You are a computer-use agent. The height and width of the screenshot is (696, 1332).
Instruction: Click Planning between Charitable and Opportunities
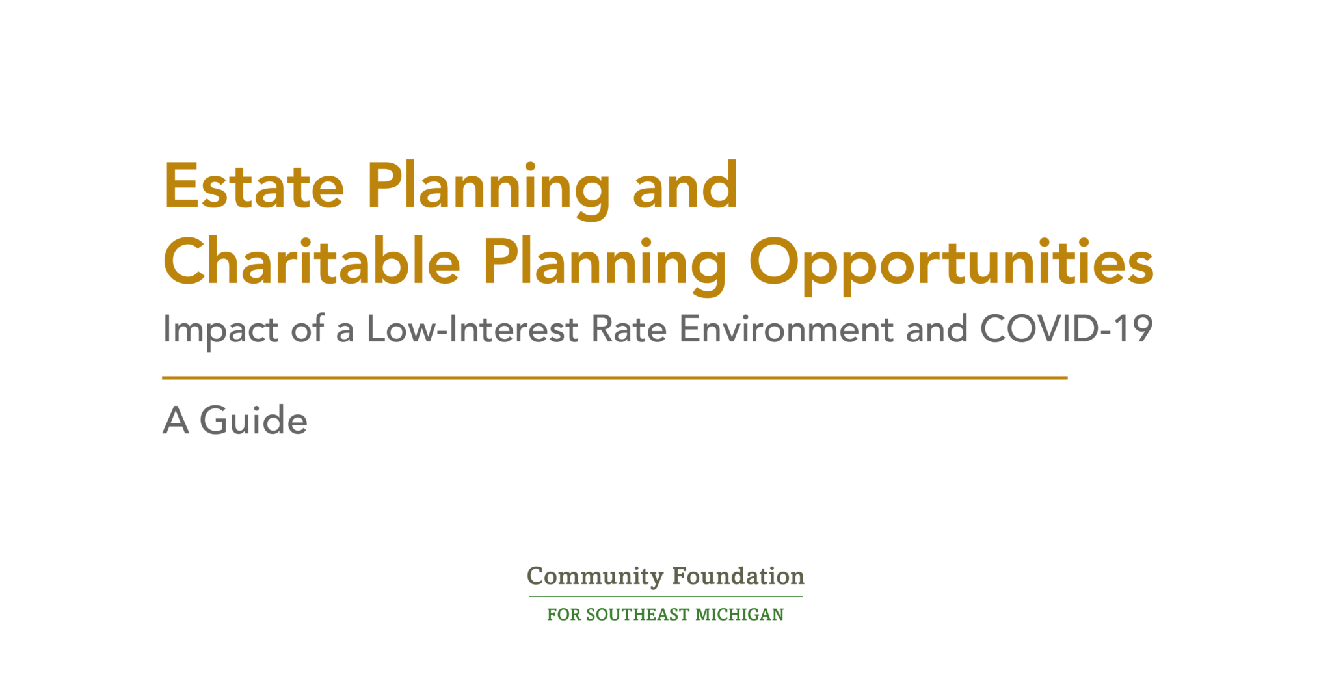604,265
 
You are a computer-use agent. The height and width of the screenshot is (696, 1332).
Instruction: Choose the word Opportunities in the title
952,265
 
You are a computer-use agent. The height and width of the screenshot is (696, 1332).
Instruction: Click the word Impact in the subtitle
221,330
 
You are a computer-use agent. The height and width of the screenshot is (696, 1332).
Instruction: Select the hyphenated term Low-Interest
472,328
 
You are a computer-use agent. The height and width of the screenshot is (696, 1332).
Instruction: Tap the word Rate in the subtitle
629,328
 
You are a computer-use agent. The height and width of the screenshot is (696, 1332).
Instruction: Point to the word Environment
786,328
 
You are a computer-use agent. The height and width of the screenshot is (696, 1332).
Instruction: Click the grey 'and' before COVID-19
937,328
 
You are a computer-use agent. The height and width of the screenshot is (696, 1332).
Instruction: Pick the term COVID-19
1067,328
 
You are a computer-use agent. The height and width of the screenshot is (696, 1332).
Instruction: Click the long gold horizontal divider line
615,377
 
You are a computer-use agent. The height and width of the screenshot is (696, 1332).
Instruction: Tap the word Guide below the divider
254,420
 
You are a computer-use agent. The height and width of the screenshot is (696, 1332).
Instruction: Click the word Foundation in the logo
738,576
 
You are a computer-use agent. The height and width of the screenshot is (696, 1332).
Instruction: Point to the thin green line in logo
666,596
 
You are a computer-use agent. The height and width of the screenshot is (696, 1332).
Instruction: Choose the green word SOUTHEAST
637,615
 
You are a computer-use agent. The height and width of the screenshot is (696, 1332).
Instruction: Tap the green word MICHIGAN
739,615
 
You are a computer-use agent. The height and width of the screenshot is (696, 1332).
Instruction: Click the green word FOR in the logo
564,615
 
